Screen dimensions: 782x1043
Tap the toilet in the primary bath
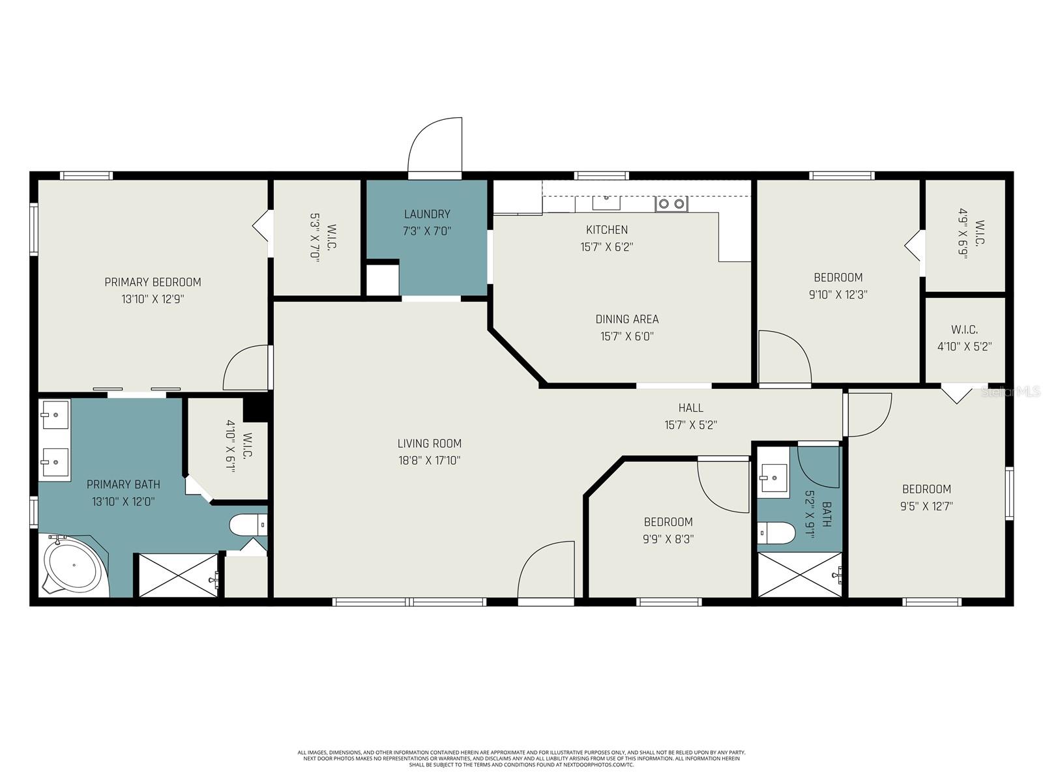pyautogui.click(x=248, y=524)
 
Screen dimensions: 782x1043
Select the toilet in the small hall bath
pyautogui.click(x=776, y=533)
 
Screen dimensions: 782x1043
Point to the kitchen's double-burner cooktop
pyautogui.click(x=671, y=204)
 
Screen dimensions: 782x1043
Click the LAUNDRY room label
pyautogui.click(x=427, y=214)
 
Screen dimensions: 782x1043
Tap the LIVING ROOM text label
pyautogui.click(x=429, y=443)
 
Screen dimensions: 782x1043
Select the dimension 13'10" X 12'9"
pyautogui.click(x=153, y=299)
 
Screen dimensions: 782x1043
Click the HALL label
pyautogui.click(x=690, y=408)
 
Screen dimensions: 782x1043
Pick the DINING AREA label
pyautogui.click(x=626, y=319)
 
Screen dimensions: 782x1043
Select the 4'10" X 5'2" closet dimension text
pyautogui.click(x=964, y=347)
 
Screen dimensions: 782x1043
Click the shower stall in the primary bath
pyautogui.click(x=177, y=575)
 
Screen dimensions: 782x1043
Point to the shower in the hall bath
pyautogui.click(x=800, y=575)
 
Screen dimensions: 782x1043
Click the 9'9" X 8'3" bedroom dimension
pyautogui.click(x=668, y=539)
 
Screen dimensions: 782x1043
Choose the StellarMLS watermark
pyautogui.click(x=1011, y=392)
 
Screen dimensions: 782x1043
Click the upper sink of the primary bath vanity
pyautogui.click(x=55, y=414)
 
